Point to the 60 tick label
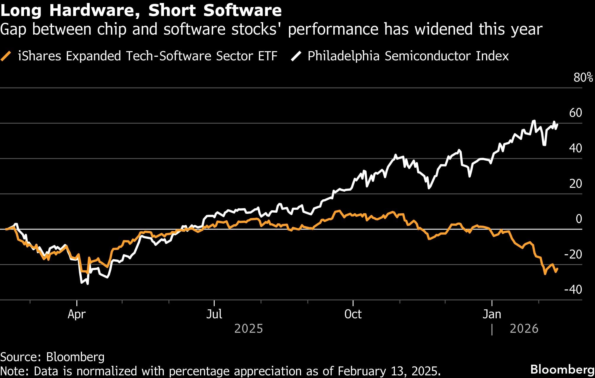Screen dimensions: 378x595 tap(575, 113)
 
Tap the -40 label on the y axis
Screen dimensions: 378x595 tap(573, 289)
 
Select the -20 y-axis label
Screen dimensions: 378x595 tap(573, 254)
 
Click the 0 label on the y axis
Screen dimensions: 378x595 tap(579, 219)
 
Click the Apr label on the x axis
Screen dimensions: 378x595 tap(77, 314)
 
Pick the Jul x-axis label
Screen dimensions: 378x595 tap(214, 314)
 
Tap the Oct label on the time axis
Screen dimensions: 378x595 tap(353, 314)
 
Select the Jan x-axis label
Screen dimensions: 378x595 tap(492, 314)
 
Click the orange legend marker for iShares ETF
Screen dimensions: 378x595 tap(6, 56)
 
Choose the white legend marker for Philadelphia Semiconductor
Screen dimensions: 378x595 tap(296, 56)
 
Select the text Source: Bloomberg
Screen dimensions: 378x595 tap(52, 357)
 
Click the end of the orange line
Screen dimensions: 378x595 tap(557, 269)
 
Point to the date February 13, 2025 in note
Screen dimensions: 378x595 tap(389, 371)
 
